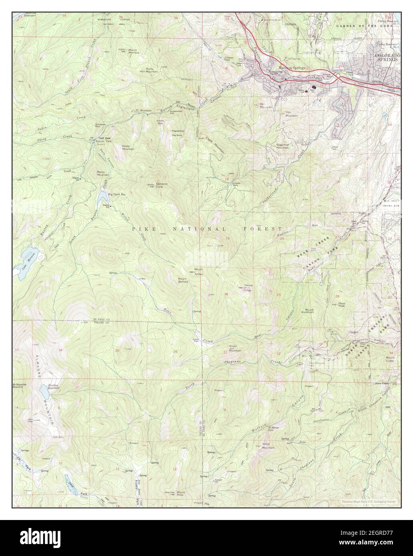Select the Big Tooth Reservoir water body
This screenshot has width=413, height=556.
[x=102, y=198]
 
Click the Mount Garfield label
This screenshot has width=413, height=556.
[x=183, y=280]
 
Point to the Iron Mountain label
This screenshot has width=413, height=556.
[x=292, y=114]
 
